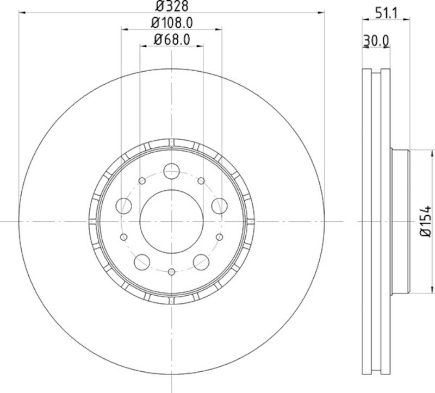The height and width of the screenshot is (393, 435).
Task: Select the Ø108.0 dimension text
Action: pos(171,23)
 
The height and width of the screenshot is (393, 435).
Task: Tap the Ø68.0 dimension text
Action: pos(171,39)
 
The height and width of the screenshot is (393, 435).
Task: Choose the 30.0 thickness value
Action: pos(376,40)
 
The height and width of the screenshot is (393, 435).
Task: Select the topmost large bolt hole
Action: pos(171,171)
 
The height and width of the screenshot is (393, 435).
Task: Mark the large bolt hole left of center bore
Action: pos(125,205)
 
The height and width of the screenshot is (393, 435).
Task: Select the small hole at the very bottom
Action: pos(171,271)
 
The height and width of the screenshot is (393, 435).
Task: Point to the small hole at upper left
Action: pos(142,180)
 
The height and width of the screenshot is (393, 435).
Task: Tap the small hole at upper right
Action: pos(201,180)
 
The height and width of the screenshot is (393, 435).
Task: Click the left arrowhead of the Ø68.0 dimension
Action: pos(143,46)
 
